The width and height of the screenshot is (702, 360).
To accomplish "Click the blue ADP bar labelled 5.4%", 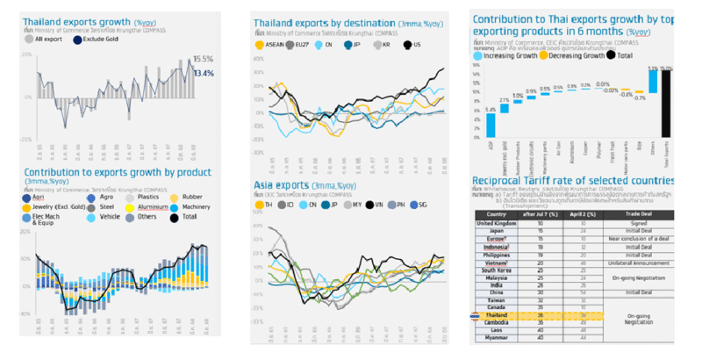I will click(x=490, y=127).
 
